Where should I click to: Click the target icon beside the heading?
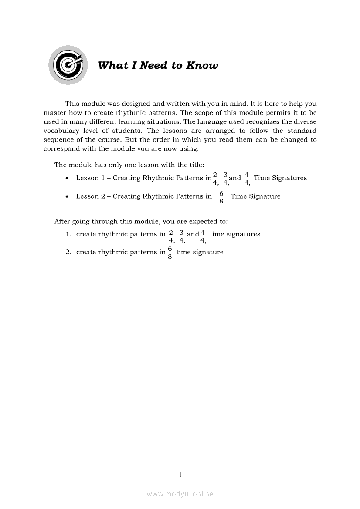pyautogui.click(x=68, y=65)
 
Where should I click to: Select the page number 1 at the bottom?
pyautogui.click(x=180, y=475)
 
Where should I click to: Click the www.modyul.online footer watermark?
pyautogui.click(x=180, y=494)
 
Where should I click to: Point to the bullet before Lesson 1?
pyautogui.click(x=66, y=179)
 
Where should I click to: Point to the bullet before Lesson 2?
pyautogui.click(x=66, y=197)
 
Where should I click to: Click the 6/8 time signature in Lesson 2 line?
pyautogui.click(x=221, y=197)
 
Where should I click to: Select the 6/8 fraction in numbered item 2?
pyautogui.click(x=170, y=253)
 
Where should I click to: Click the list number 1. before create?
pyautogui.click(x=68, y=234)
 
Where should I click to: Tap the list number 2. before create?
pyautogui.click(x=68, y=252)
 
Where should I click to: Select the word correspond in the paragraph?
pyautogui.click(x=61, y=148)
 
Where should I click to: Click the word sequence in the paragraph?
pyautogui.click(x=59, y=140)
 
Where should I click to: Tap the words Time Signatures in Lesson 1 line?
pyautogui.click(x=280, y=178)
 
